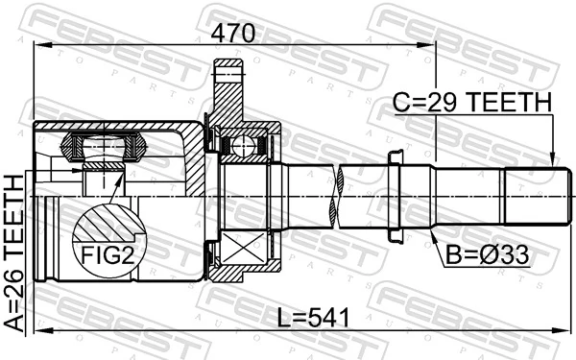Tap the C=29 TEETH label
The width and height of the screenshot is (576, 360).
[471, 102]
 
